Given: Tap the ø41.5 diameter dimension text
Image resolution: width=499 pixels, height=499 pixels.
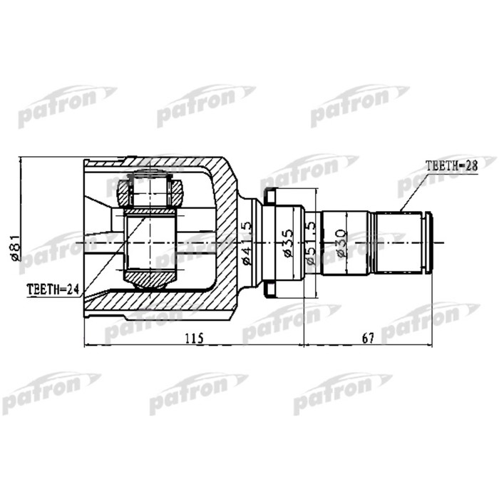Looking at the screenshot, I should pos(247,243).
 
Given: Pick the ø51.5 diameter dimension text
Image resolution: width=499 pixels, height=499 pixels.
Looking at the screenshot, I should pos(311,243).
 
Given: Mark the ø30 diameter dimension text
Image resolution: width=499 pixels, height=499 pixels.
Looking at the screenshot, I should pos(341,243).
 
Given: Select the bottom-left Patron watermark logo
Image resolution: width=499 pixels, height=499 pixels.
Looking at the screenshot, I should pos(50,392).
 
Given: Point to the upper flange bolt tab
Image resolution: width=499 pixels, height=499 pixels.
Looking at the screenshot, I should pos(270,195).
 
